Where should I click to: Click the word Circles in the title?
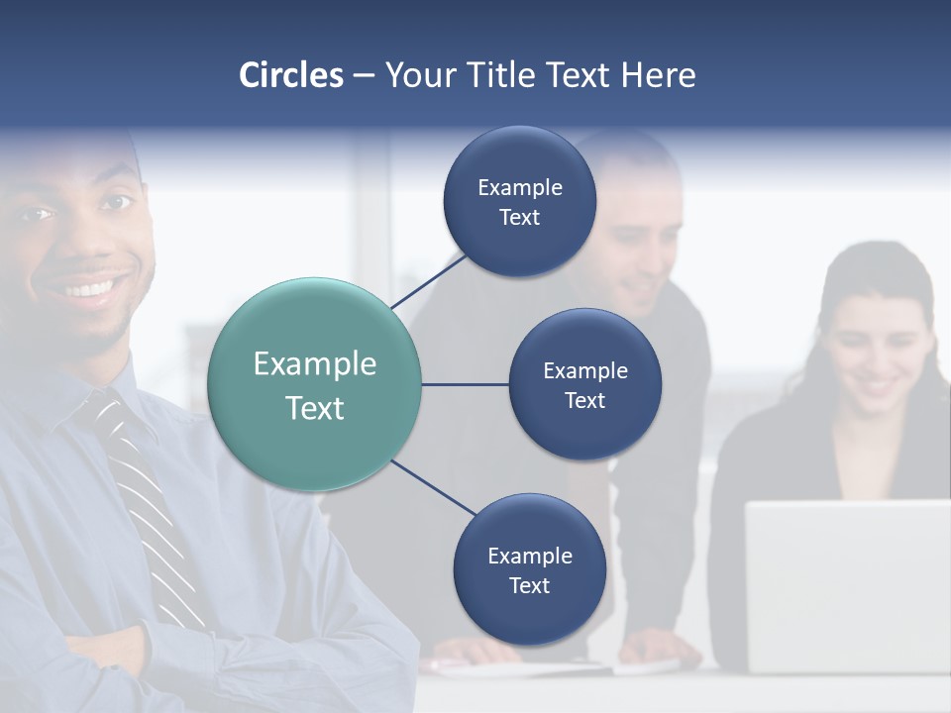pos(290,75)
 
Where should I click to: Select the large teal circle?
pos(314,384)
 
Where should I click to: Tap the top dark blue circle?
pos(519,201)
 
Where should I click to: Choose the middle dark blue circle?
pos(584,384)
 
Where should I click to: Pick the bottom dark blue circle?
pos(529,569)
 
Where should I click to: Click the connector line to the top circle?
pos(428,281)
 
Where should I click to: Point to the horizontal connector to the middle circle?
pos(465,384)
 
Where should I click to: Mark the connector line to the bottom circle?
pos(434,488)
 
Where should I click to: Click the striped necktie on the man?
pos(144,495)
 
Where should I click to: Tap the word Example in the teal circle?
pos(314,364)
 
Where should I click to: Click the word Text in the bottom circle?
pos(529,585)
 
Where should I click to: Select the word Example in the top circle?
pos(519,187)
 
